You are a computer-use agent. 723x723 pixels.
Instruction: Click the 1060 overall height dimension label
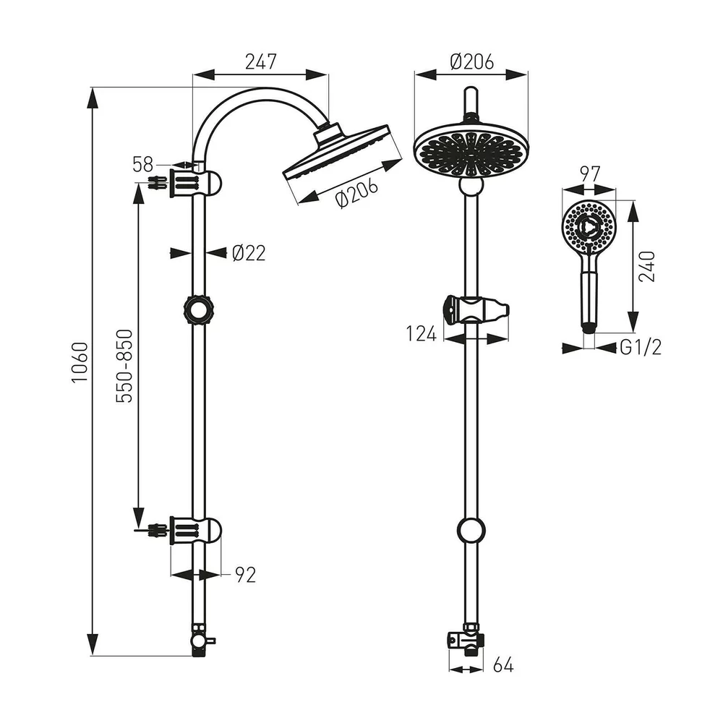[80, 362]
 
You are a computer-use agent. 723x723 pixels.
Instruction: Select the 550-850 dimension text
[124, 366]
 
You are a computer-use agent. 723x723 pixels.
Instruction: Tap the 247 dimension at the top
[260, 61]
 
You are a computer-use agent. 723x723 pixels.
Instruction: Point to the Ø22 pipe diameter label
[249, 253]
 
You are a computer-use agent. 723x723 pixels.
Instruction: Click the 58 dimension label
[142, 165]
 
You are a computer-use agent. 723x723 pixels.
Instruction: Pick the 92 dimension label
[245, 575]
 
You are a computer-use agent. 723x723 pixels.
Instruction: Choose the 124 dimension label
[421, 334]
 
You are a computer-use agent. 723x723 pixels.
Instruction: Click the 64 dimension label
[503, 665]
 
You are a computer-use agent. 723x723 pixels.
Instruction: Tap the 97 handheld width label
[590, 174]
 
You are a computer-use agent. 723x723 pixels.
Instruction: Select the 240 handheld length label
[646, 266]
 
